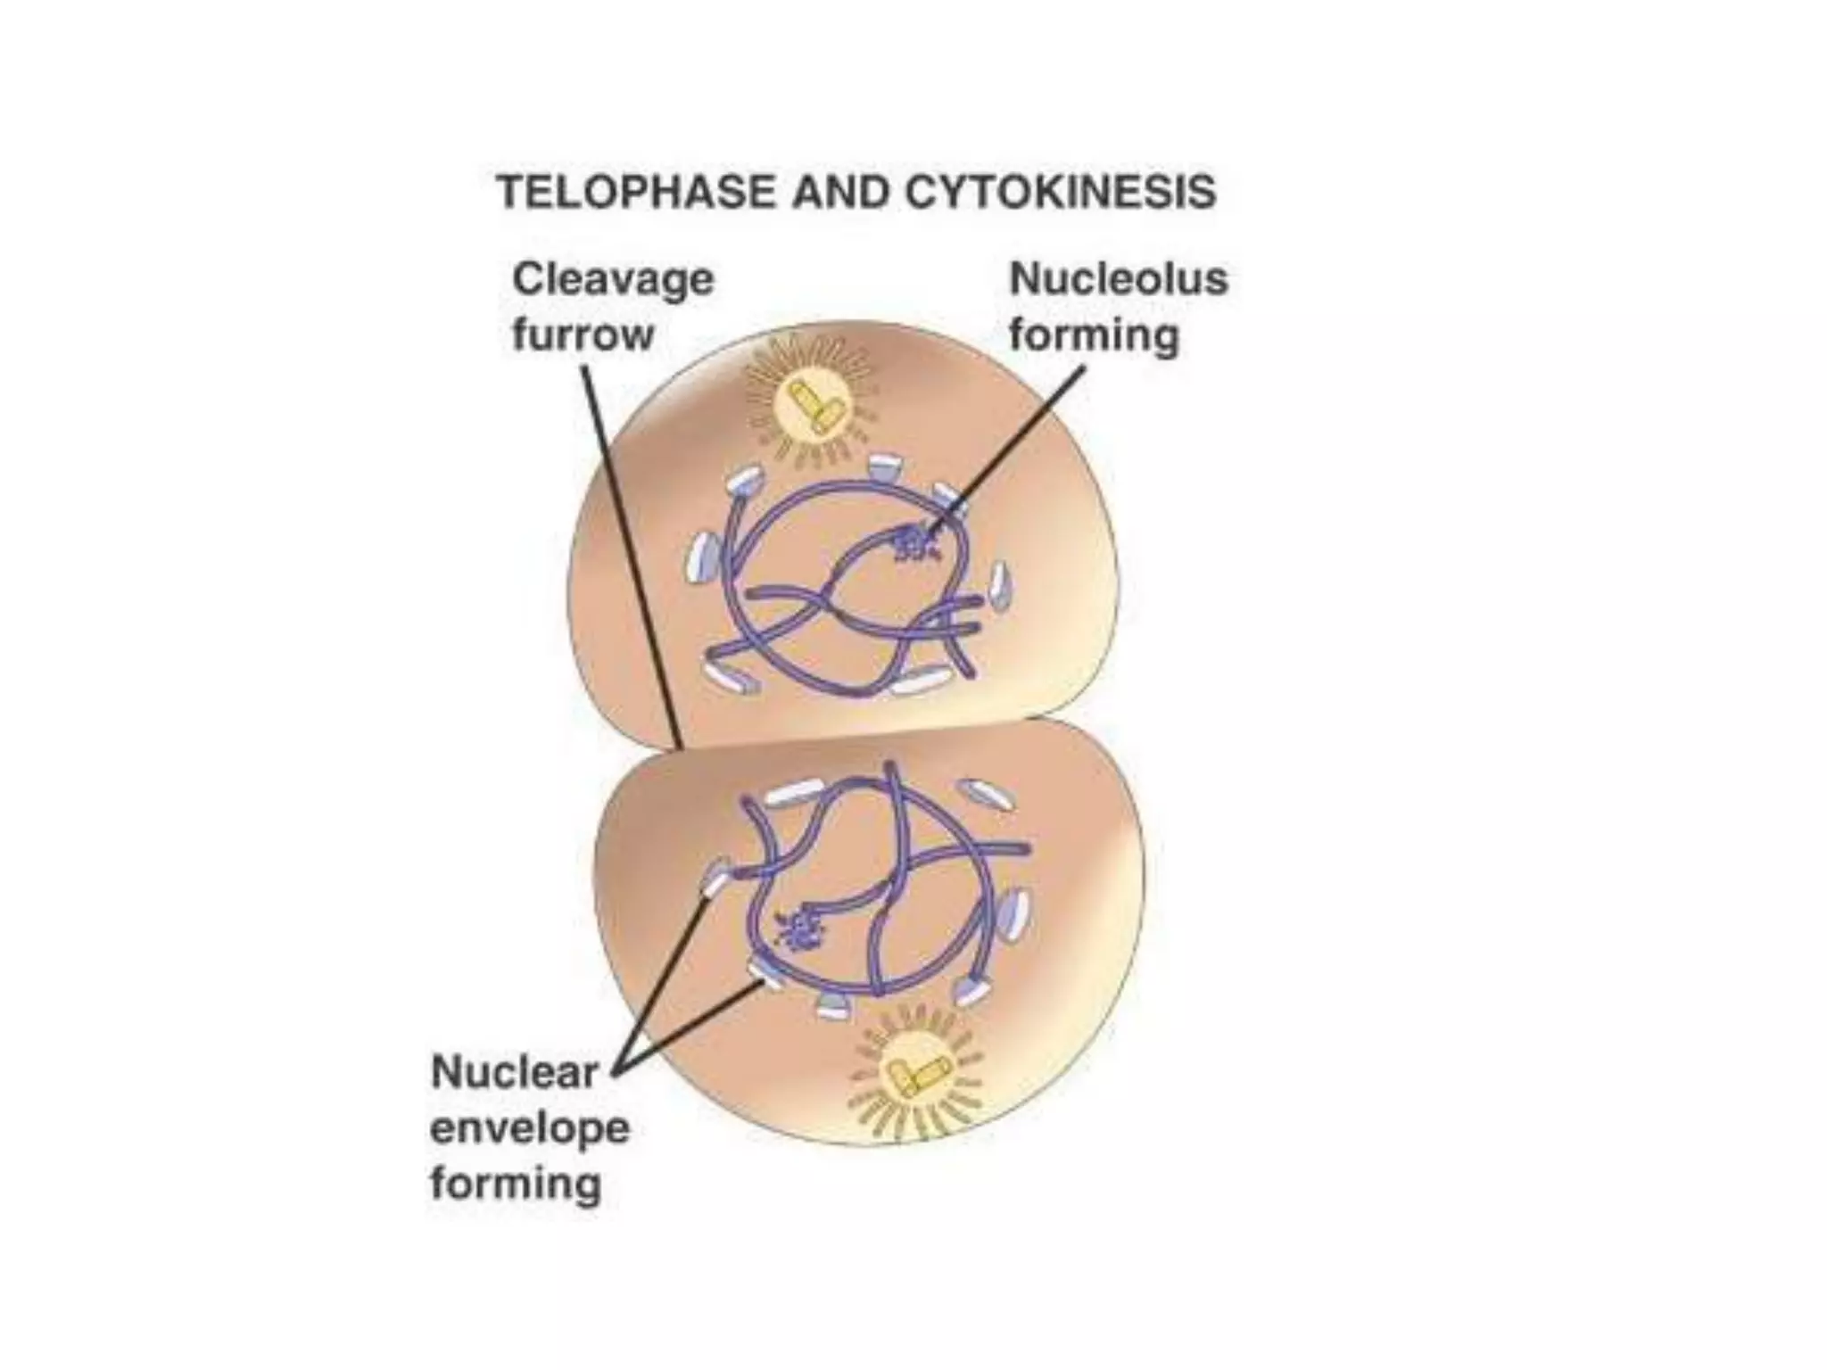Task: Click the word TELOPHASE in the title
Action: [636, 192]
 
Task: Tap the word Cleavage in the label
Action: [613, 279]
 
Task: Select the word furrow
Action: [583, 335]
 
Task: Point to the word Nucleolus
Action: [1119, 279]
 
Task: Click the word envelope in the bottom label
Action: [530, 1128]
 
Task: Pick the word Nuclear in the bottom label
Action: [514, 1072]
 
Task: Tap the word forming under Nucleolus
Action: [1094, 336]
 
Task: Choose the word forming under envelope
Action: [516, 1184]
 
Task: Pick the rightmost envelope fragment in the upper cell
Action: [1000, 585]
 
